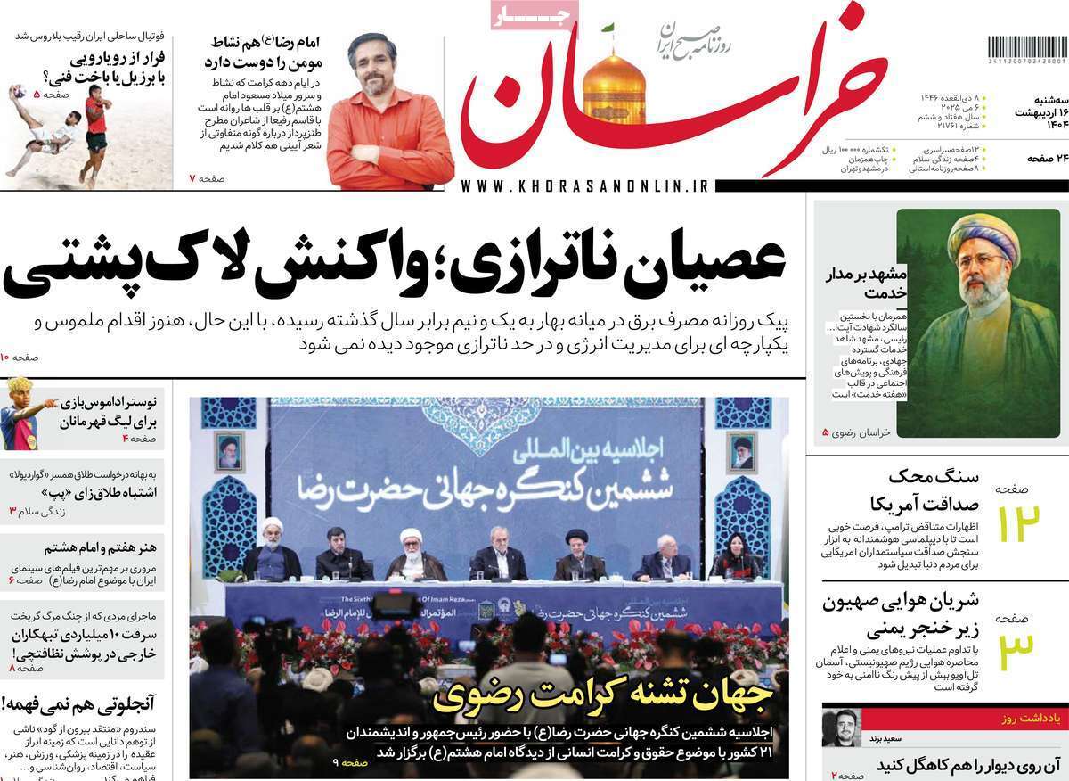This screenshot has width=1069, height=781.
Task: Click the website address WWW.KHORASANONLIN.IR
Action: pos(585,185)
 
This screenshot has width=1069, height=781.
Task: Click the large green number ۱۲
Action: pos(1017,524)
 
